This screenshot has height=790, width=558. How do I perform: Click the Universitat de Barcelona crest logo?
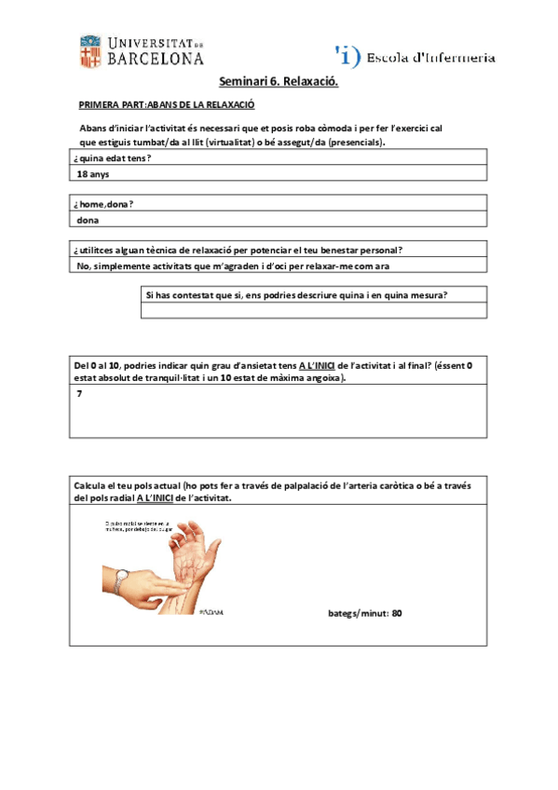point(90,51)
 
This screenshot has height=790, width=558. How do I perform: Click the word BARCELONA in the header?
point(156,59)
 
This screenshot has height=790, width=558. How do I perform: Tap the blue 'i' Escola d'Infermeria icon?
point(347,56)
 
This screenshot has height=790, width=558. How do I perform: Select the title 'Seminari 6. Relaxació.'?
point(279,83)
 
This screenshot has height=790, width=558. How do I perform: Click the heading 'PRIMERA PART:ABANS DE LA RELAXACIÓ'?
point(167,106)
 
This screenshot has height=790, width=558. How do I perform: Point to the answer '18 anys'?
point(93,174)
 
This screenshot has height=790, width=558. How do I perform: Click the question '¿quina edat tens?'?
point(113,158)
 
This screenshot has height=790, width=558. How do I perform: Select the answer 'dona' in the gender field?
point(88,220)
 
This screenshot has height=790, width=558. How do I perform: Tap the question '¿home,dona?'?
point(103,203)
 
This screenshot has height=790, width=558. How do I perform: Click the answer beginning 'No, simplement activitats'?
point(233,266)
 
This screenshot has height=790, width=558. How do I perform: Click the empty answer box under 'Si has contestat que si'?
point(313,311)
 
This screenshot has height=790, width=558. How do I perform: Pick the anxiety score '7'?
point(80,394)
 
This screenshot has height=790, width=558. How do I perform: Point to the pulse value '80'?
point(397,613)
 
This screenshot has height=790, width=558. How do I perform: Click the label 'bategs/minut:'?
point(359,613)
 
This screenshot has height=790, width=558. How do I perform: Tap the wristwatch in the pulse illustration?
point(121,581)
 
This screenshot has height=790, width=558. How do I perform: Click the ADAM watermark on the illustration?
point(211,612)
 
